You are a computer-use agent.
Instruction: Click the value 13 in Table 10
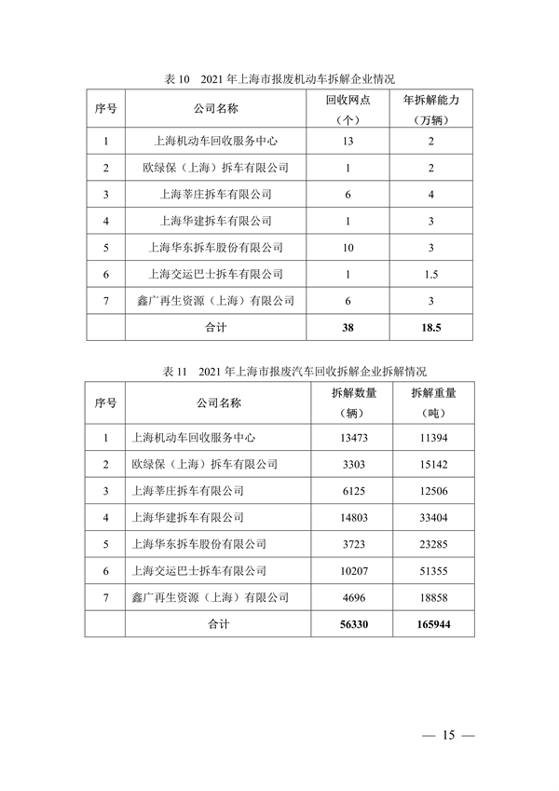tap(348, 142)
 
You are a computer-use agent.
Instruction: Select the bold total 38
tap(348, 327)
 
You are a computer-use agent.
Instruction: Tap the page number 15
tap(448, 736)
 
